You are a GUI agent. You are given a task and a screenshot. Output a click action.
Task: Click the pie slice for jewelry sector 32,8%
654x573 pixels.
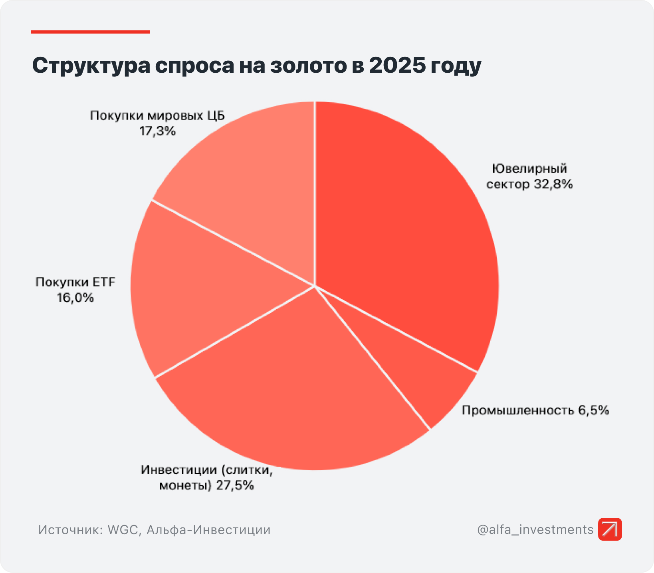coord(403,232)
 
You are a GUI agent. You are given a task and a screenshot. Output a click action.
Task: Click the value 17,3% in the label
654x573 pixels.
coord(157,131)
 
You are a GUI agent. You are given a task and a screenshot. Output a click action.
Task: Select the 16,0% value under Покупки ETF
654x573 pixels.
coord(75,298)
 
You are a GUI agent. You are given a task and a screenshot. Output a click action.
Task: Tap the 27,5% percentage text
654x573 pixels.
coord(235,486)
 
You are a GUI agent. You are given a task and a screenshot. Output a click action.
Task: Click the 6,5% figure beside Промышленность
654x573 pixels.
coord(594,410)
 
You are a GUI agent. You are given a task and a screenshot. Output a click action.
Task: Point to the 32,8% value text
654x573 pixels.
coord(553,185)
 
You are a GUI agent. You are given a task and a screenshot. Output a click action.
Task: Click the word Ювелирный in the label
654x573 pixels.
coord(529,169)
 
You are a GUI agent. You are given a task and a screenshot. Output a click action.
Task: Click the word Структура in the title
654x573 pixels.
coord(90,66)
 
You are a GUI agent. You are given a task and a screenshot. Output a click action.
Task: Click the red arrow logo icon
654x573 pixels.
coord(610,529)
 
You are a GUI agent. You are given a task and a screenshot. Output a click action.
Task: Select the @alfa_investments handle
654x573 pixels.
coord(535,529)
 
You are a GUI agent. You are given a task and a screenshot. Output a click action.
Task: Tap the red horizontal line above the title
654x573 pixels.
coord(91,32)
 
